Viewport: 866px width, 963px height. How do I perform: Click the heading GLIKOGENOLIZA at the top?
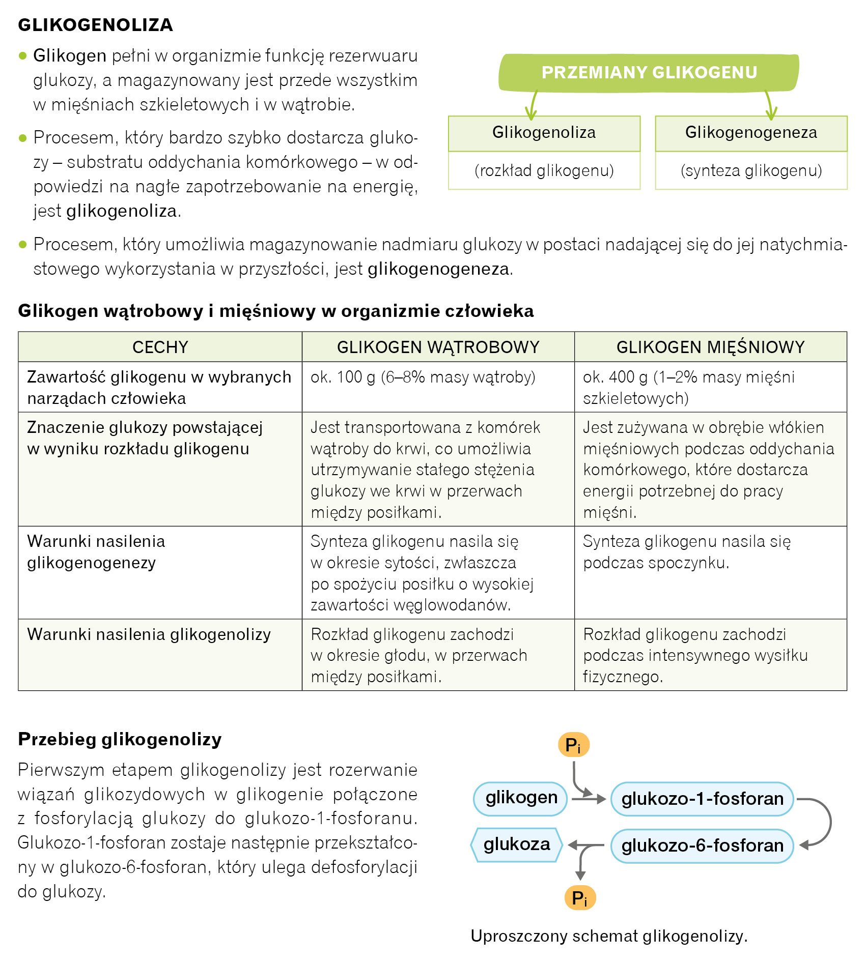point(95,25)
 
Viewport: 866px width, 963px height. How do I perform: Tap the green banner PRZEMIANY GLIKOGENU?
point(649,73)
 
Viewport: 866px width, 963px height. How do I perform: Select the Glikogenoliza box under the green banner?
point(544,133)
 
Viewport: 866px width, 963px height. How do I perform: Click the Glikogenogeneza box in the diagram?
point(751,133)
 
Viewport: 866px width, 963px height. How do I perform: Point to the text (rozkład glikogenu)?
point(544,170)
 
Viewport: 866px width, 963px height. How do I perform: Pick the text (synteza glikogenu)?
point(751,170)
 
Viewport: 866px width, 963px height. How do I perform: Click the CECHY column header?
point(160,347)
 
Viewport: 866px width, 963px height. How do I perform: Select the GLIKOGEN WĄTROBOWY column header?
point(438,347)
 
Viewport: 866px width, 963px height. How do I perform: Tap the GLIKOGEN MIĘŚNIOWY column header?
point(710,347)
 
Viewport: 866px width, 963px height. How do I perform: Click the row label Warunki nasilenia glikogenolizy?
point(149,634)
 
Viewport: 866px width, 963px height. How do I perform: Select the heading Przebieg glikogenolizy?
point(120,739)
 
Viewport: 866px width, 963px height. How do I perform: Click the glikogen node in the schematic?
point(521,798)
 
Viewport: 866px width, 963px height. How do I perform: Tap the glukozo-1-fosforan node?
point(702,799)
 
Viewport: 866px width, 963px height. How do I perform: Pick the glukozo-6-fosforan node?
point(702,845)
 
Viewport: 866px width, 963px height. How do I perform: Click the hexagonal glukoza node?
point(516,844)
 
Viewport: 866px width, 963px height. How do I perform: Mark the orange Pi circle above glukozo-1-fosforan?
point(573,745)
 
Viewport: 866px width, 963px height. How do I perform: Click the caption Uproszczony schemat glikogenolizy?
point(609,936)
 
